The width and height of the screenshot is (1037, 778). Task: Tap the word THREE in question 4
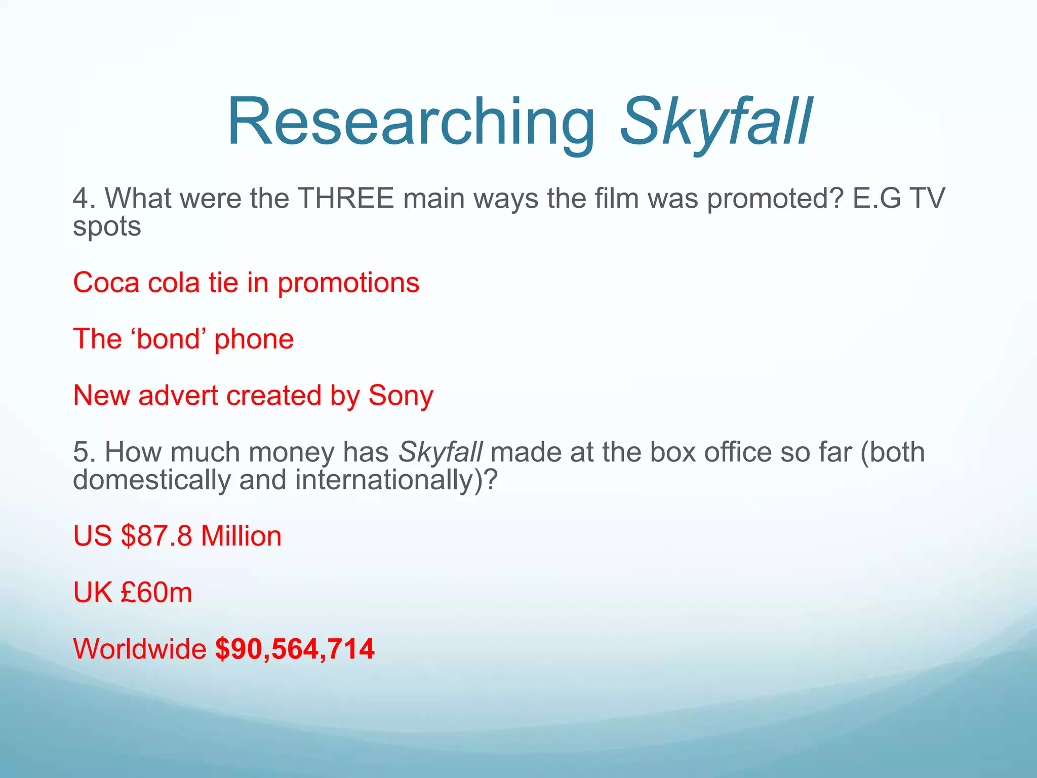(345, 198)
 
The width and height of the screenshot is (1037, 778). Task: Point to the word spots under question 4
(107, 226)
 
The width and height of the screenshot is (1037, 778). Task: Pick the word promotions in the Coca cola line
(348, 283)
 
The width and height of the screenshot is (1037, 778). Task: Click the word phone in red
(254, 339)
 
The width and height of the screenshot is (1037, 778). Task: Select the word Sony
(401, 396)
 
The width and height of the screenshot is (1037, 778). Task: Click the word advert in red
(178, 396)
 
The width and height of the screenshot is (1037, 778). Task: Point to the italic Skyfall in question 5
(441, 452)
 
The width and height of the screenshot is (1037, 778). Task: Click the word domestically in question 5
(151, 480)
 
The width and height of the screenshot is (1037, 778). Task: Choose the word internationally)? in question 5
(396, 480)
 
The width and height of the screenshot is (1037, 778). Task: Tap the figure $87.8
(156, 536)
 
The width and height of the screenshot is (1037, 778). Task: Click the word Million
(241, 536)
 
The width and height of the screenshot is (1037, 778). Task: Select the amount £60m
(156, 592)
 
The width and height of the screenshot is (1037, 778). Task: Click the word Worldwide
(140, 648)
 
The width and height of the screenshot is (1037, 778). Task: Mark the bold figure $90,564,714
(295, 649)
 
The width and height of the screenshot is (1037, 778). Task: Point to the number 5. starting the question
(85, 452)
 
